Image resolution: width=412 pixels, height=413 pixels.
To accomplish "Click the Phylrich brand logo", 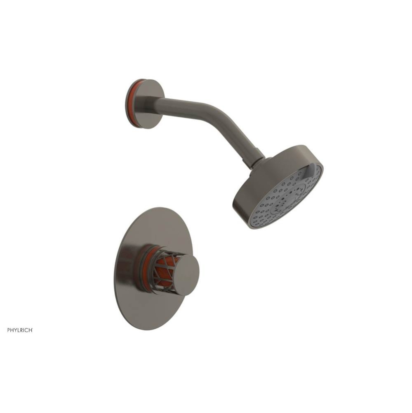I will tap(19, 330).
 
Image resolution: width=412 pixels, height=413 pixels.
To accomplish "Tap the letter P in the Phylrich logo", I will tap(9, 330).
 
